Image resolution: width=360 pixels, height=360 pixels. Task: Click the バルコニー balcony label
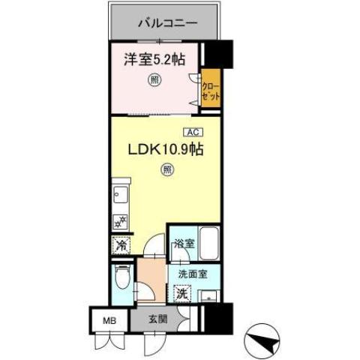point(167,23)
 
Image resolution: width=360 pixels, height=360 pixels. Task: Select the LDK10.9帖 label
point(166,150)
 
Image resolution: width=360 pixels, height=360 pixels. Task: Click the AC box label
point(191,132)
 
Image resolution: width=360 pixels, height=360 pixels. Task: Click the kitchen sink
point(120,196)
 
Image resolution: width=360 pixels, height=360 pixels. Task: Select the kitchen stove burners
point(120,221)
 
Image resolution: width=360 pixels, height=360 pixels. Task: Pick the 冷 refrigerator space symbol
point(121,244)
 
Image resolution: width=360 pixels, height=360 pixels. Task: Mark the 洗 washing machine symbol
point(181,294)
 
